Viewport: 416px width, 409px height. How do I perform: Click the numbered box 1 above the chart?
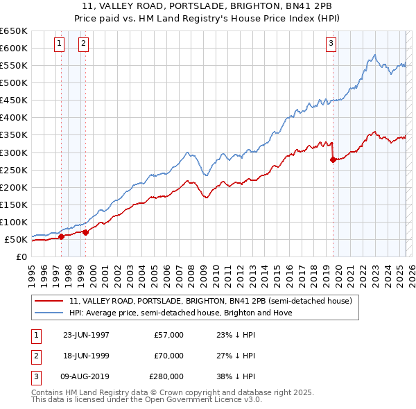[59, 44]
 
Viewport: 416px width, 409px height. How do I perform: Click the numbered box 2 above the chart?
[83, 44]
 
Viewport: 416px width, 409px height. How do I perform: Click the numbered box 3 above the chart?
[331, 44]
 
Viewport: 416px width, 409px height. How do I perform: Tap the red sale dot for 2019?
[333, 159]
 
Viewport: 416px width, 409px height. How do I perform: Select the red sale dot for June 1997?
[61, 236]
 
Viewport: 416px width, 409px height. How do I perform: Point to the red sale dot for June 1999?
[85, 232]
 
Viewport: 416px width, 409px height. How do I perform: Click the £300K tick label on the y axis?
[13, 153]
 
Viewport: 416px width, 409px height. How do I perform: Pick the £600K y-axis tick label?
[13, 48]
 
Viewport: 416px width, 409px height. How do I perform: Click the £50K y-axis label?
[16, 239]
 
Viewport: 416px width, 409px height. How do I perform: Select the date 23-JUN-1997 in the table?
[86, 335]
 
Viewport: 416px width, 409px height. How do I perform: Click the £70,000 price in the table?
[169, 356]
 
